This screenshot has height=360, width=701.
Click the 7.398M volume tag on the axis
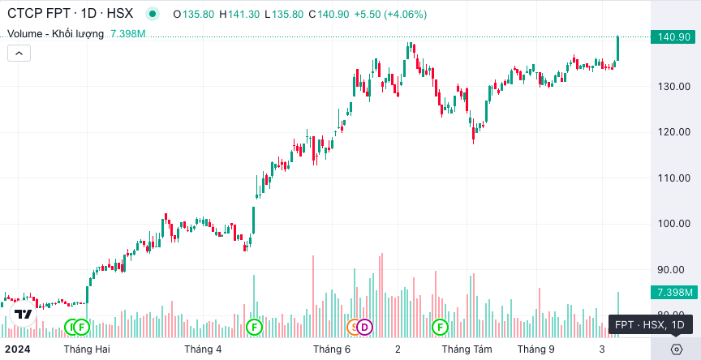[x=674, y=293]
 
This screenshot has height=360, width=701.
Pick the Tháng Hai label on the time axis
[x=87, y=349]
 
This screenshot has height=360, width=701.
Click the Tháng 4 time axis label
[x=203, y=349]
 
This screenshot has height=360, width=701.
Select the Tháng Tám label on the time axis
[x=467, y=349]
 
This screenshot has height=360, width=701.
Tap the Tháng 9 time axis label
[x=535, y=349]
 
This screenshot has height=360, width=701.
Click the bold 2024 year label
[x=17, y=349]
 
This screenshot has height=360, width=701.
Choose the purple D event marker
[x=365, y=328]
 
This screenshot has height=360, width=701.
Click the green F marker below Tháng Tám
[x=440, y=328]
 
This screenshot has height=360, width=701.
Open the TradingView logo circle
[x=24, y=314]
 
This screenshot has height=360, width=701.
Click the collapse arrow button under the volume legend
[x=19, y=54]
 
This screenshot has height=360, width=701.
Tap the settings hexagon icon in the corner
[x=677, y=349]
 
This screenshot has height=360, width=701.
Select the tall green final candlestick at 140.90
[x=618, y=48]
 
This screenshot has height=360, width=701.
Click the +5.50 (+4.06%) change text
[x=390, y=15]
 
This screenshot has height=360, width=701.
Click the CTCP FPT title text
[x=38, y=14]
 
